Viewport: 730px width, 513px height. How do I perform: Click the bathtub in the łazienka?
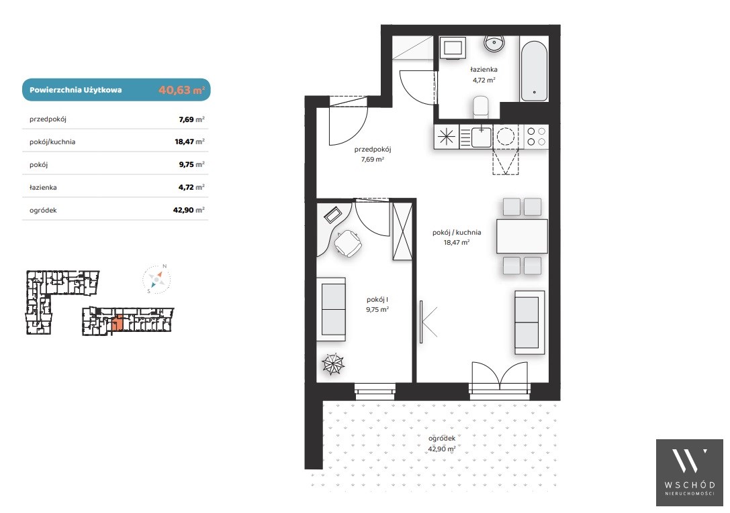[x=533, y=71]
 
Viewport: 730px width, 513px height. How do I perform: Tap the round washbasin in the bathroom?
[x=494, y=44]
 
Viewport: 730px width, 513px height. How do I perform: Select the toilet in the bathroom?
[x=480, y=107]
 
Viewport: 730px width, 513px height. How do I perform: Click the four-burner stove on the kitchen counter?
[x=537, y=137]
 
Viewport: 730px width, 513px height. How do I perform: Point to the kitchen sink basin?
[x=482, y=137]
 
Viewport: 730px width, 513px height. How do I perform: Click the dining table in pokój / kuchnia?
[x=522, y=236]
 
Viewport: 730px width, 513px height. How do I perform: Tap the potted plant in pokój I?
[x=333, y=363]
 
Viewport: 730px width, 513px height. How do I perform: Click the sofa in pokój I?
[x=331, y=309]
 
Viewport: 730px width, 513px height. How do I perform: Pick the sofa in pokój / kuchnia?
[x=529, y=323]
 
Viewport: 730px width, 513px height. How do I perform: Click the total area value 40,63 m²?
[x=181, y=90]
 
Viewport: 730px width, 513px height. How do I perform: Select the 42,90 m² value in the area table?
[x=189, y=210]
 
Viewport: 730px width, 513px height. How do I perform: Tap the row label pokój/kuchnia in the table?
[x=52, y=141]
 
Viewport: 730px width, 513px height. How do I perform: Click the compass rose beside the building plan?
[x=156, y=279]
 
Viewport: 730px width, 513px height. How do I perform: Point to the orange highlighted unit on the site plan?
[x=118, y=323]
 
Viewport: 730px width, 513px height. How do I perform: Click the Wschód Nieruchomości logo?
[x=690, y=472]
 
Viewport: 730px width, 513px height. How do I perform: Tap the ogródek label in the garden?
[x=442, y=438]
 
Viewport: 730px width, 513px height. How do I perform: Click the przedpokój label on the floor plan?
[x=373, y=149]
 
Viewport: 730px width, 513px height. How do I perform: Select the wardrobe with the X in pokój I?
[x=402, y=231]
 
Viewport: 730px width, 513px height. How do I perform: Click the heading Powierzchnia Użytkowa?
[x=75, y=90]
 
